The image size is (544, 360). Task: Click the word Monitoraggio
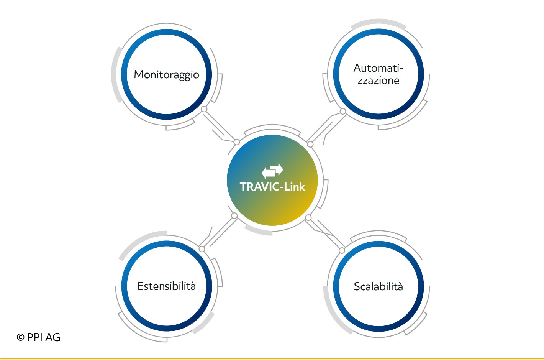tap(166, 75)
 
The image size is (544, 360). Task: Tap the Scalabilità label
tap(378, 286)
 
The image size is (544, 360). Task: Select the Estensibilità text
tap(166, 286)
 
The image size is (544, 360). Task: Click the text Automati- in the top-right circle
tap(378, 68)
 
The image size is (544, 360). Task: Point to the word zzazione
tap(378, 81)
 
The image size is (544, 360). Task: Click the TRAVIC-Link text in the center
tap(272, 187)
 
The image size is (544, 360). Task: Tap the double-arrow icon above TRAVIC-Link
tap(272, 171)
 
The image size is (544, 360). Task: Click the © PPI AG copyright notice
tap(38, 337)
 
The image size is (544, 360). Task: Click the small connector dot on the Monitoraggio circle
tap(204, 109)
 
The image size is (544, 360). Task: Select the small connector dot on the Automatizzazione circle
tap(342, 111)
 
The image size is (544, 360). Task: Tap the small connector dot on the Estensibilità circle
tap(202, 249)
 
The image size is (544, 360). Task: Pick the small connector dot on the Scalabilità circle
tap(342, 250)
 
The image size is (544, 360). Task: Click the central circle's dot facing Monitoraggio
tap(236, 142)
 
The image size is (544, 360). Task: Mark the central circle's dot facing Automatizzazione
tap(310, 145)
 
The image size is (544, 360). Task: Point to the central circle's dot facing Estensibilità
tap(234, 215)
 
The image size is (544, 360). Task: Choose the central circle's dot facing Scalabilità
tap(308, 217)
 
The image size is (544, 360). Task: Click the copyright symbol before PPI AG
tap(20, 337)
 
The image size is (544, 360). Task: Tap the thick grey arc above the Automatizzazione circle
tap(379, 21)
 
